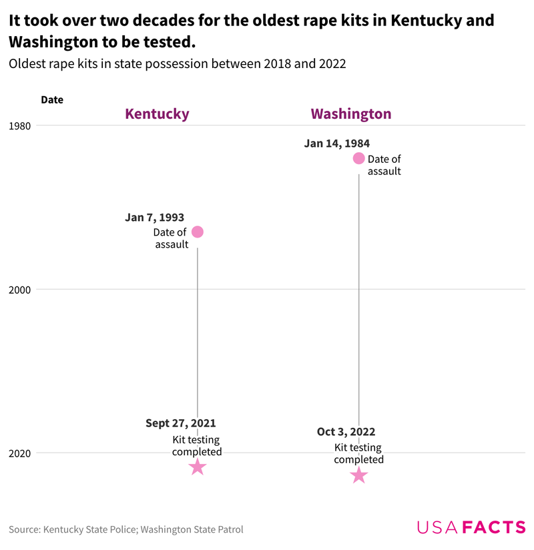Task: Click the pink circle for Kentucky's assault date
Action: tap(197, 232)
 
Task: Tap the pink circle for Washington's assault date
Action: tap(358, 158)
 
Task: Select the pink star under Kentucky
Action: tap(197, 467)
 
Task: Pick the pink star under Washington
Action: tap(358, 475)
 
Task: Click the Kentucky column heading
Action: tap(158, 113)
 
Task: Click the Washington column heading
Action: tap(351, 113)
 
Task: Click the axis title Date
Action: tap(52, 99)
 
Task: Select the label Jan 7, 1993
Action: tap(154, 218)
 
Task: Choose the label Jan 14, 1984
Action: tap(336, 144)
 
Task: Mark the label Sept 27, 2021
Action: tap(180, 423)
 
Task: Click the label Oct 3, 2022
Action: tap(346, 432)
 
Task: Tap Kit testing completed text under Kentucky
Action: tap(197, 445)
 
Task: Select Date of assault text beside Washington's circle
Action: tap(384, 165)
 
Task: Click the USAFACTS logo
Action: tap(471, 527)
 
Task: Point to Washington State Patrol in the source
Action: tap(192, 529)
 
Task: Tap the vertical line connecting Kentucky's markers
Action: tap(197, 334)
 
